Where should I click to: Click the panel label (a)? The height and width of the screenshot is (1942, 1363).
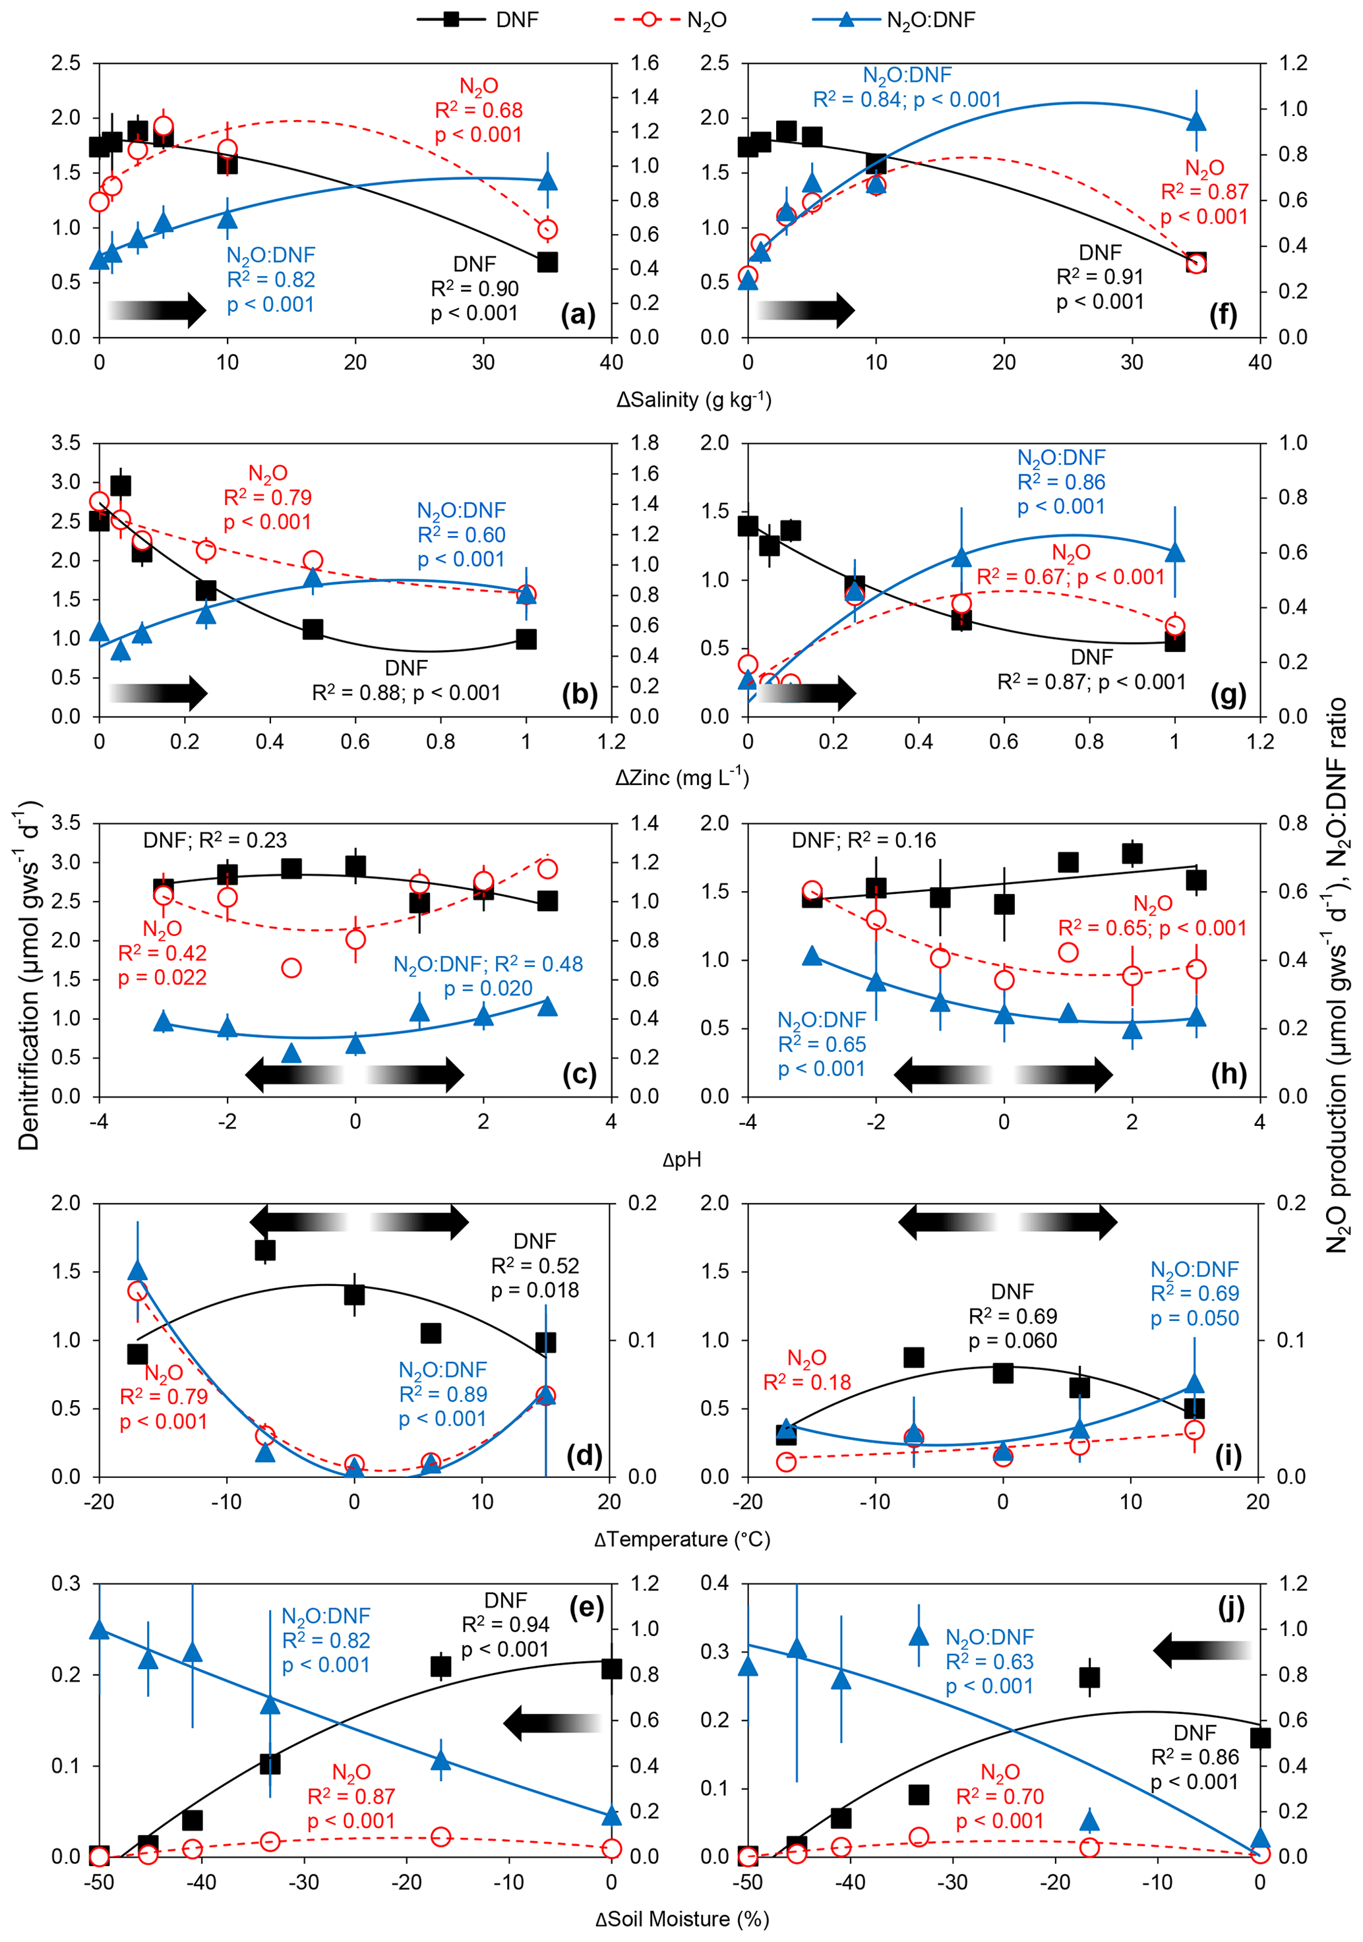[x=578, y=316]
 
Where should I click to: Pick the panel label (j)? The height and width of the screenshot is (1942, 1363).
[x=1231, y=1607]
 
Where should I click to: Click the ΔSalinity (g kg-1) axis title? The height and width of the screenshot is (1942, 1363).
[x=694, y=400]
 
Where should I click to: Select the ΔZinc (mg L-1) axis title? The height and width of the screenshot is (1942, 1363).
[x=682, y=777]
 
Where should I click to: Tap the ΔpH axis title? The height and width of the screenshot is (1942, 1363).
[x=682, y=1159]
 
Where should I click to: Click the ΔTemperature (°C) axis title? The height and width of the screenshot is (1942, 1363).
[x=682, y=1539]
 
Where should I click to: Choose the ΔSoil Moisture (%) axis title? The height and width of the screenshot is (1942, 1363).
[x=682, y=1919]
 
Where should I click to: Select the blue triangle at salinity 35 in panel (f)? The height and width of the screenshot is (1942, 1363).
[x=1196, y=121]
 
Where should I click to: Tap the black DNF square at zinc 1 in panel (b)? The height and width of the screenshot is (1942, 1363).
[x=526, y=639]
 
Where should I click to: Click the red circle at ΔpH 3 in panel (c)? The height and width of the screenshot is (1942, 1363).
[x=547, y=869]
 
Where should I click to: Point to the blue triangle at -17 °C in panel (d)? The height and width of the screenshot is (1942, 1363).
[x=137, y=1272]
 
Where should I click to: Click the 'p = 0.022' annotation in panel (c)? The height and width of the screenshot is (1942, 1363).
[x=162, y=978]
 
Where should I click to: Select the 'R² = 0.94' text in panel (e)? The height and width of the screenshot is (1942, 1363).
[x=506, y=1625]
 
